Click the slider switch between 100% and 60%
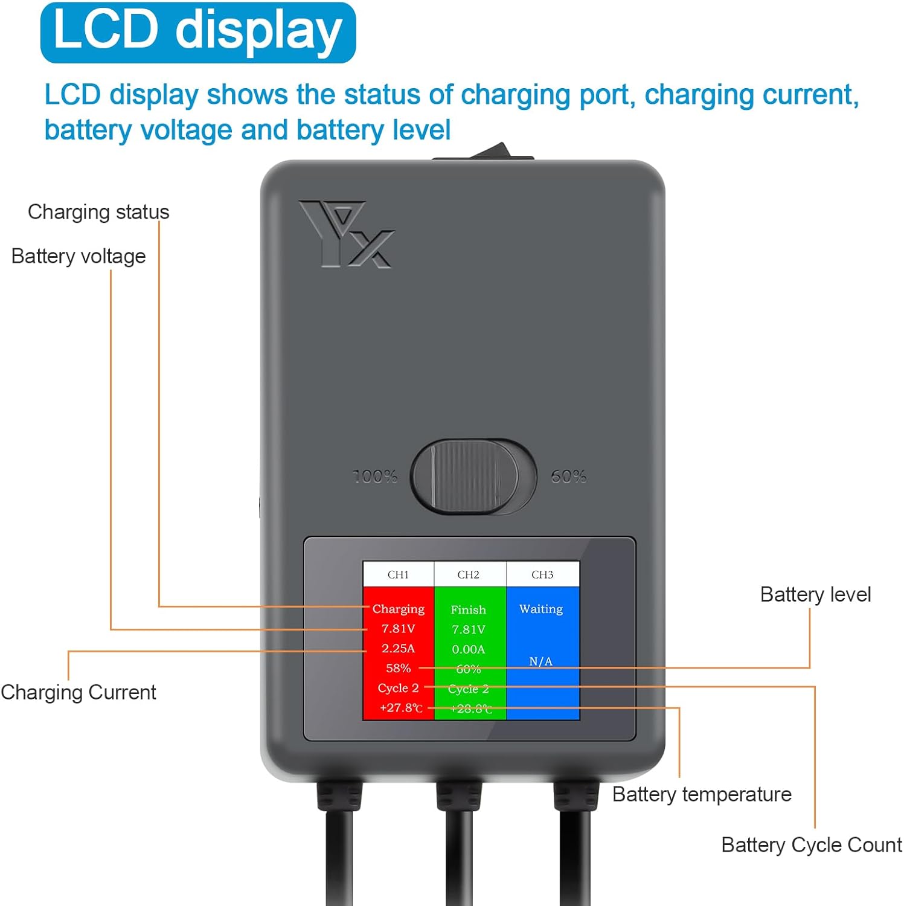pyautogui.click(x=473, y=477)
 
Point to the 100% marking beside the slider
pyautogui.click(x=375, y=477)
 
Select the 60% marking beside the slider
pyautogui.click(x=568, y=477)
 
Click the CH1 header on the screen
pyautogui.click(x=398, y=574)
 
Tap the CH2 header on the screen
pyautogui.click(x=469, y=574)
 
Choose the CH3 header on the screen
pyautogui.click(x=542, y=574)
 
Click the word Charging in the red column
pyautogui.click(x=399, y=609)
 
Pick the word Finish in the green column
pyautogui.click(x=469, y=610)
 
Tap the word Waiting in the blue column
pyautogui.click(x=541, y=609)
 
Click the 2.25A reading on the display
pyautogui.click(x=399, y=649)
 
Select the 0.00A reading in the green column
pyautogui.click(x=469, y=649)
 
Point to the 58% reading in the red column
pyautogui.click(x=399, y=669)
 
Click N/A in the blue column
pyautogui.click(x=541, y=661)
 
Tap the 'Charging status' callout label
pyautogui.click(x=98, y=212)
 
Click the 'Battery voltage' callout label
pyautogui.click(x=79, y=256)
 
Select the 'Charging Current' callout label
pyautogui.click(x=79, y=692)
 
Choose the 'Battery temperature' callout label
pyautogui.click(x=702, y=794)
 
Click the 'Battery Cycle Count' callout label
pyautogui.click(x=812, y=845)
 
